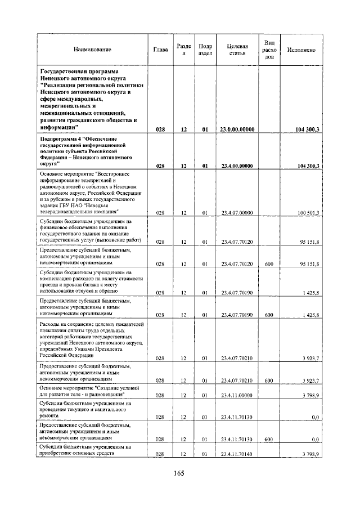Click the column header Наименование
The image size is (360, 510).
coord(92,50)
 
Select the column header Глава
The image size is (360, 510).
coord(160,50)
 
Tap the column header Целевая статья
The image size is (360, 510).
coord(237,50)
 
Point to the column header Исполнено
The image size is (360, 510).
coord(301,50)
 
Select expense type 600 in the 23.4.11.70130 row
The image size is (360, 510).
coord(268,439)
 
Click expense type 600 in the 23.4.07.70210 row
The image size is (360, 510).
coord(268,381)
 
